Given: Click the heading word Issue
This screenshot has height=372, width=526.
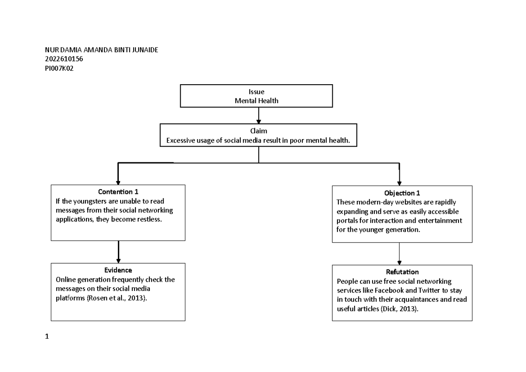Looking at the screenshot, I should (256, 92).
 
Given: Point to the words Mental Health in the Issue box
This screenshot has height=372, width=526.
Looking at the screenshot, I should (256, 100).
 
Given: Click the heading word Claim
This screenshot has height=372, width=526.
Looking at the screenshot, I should (258, 131).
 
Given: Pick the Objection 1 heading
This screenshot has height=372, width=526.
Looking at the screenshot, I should (399, 193).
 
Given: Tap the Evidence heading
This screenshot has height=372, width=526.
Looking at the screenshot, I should (118, 270).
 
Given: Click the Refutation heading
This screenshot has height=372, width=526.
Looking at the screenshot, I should (402, 272).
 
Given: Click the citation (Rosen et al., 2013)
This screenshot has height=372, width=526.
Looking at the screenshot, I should (117, 298).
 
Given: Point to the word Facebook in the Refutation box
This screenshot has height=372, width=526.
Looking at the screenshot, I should (402, 290).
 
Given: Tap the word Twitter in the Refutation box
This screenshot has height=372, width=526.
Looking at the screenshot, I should (440, 290).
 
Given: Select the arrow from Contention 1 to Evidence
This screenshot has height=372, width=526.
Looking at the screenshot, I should (118, 251).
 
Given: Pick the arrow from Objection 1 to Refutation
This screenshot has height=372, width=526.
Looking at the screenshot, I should (399, 253).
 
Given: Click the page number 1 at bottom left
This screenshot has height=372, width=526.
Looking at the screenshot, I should (47, 337).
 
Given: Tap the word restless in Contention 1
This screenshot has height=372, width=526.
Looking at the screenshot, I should (148, 219).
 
